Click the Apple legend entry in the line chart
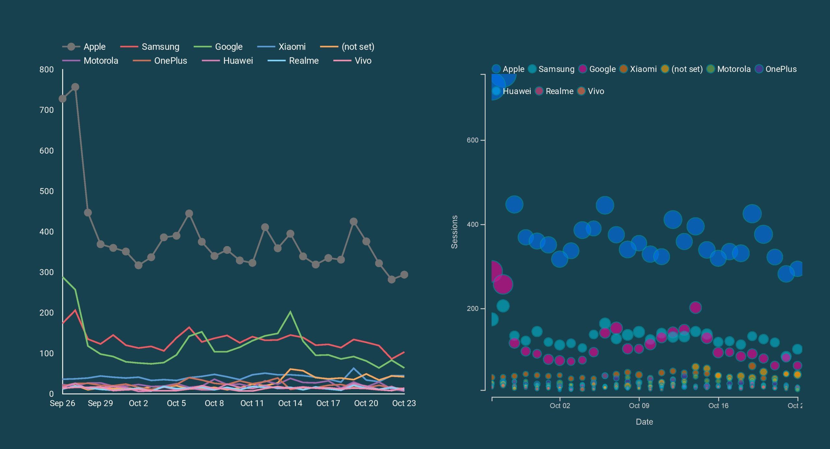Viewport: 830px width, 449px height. pyautogui.click(x=84, y=47)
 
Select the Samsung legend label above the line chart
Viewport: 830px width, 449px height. pyautogui.click(x=150, y=47)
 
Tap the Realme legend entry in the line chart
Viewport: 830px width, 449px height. pyautogui.click(x=293, y=61)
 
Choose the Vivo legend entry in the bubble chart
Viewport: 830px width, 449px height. pyautogui.click(x=591, y=91)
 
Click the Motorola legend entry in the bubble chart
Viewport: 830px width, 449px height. pyautogui.click(x=729, y=69)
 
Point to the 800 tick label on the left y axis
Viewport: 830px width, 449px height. pyautogui.click(x=46, y=70)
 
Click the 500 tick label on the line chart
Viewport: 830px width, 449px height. pyautogui.click(x=46, y=191)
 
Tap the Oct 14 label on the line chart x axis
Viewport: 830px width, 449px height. pyautogui.click(x=290, y=403)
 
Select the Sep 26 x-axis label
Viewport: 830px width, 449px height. pyautogui.click(x=62, y=403)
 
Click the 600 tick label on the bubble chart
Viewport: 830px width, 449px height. pyautogui.click(x=472, y=140)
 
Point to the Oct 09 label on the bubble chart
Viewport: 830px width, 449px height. pyautogui.click(x=639, y=406)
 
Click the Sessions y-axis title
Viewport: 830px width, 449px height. pyautogui.click(x=455, y=232)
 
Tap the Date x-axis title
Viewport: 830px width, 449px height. pyautogui.click(x=644, y=422)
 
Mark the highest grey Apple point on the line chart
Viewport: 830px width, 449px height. pyautogui.click(x=75, y=87)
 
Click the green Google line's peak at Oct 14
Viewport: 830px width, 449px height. pyautogui.click(x=290, y=312)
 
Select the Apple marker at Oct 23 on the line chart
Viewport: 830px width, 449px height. pyautogui.click(x=404, y=275)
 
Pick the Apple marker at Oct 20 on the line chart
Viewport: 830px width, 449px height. pyautogui.click(x=366, y=242)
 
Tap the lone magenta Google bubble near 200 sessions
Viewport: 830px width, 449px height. pyautogui.click(x=695, y=307)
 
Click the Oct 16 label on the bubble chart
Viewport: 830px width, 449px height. pyautogui.click(x=718, y=406)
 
